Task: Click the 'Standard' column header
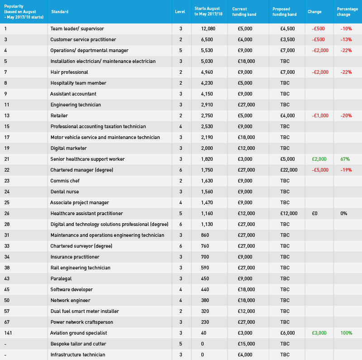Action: tap(60, 12)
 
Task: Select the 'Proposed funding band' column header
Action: tap(285, 12)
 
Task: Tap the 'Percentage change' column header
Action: tap(348, 12)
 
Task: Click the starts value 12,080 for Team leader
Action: tap(208, 29)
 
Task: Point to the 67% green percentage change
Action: tap(345, 159)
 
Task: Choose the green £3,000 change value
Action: tap(319, 333)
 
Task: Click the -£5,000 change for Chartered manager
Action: tap(320, 170)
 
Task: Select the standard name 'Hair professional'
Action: tap(69, 72)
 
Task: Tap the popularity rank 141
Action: tap(8, 333)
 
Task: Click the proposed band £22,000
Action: tap(289, 170)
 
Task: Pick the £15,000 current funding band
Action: tap(246, 344)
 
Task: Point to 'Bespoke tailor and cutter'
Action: tap(78, 344)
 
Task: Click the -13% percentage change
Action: tap(346, 39)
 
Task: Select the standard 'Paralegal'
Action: tap(61, 278)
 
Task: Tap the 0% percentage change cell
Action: tap(344, 213)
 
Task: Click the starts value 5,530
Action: tap(207, 50)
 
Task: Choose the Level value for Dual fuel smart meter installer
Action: tap(181, 311)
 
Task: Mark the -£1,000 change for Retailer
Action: tap(320, 115)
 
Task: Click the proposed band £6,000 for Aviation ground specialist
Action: tap(287, 333)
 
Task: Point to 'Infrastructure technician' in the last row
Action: tap(78, 355)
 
